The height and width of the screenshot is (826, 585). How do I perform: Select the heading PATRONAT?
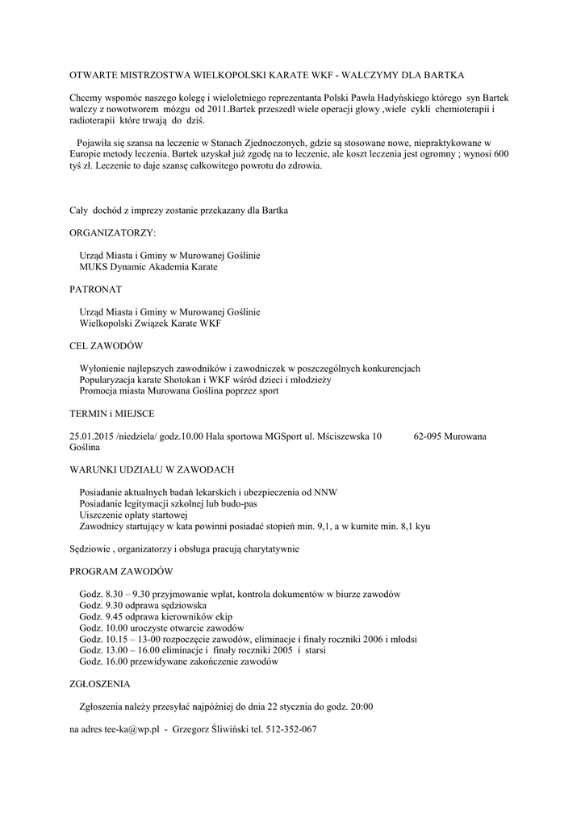[96, 288]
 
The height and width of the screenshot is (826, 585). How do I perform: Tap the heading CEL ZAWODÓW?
[106, 345]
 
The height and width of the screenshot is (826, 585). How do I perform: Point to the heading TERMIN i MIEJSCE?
[111, 413]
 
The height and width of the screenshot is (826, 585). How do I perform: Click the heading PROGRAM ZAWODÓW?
[121, 570]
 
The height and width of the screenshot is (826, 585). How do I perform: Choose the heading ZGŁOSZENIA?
[100, 683]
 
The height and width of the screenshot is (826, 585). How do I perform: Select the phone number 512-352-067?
[290, 729]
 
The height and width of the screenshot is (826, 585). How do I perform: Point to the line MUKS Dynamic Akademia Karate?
[148, 266]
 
